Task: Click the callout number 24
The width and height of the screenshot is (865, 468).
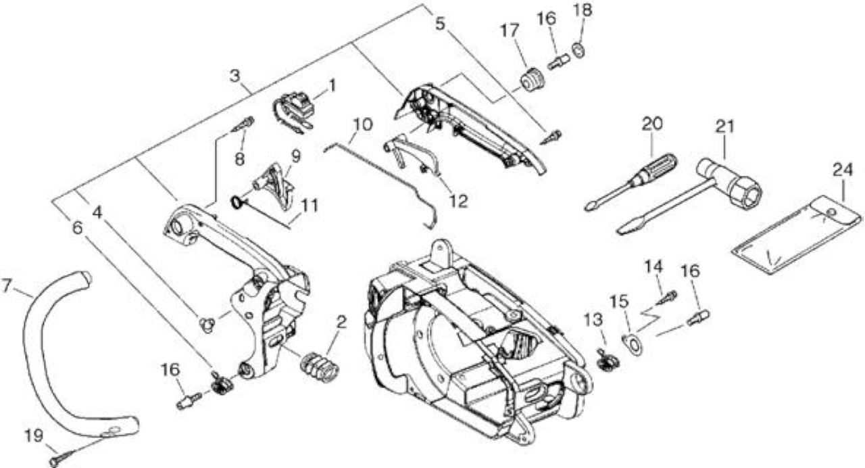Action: tap(842, 170)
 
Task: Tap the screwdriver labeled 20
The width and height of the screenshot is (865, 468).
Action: tap(631, 181)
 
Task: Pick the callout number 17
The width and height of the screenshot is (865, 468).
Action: tap(510, 30)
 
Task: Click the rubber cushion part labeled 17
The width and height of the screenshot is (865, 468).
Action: tap(531, 80)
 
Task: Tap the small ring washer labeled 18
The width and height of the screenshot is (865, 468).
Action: tap(578, 50)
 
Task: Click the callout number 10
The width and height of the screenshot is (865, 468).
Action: tap(363, 124)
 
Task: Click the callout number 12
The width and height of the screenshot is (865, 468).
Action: tap(458, 201)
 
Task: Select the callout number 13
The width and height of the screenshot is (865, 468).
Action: tap(593, 320)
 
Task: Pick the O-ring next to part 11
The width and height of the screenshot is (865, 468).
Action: tap(235, 202)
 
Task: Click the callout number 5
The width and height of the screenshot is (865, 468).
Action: tap(440, 24)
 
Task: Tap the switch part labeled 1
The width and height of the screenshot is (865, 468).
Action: tap(294, 112)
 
